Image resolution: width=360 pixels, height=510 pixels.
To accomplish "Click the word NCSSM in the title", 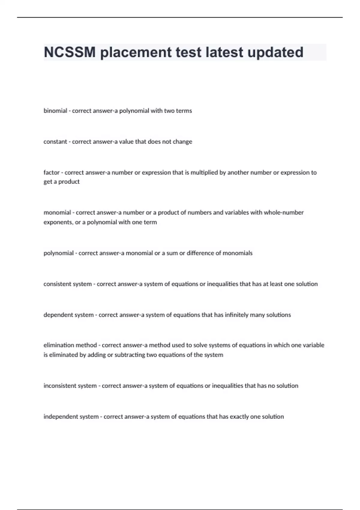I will tap(70, 52).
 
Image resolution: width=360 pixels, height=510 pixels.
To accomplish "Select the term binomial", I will tap(55, 111).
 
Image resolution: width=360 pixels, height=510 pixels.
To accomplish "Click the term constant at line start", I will tap(55, 142).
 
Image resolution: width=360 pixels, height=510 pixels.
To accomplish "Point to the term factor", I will tap(51, 172).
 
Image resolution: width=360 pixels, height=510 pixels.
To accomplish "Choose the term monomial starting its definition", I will tap(57, 213).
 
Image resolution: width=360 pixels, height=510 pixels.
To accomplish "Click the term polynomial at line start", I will tap(58, 253).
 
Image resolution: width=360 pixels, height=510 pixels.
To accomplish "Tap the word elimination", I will tap(59, 345).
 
